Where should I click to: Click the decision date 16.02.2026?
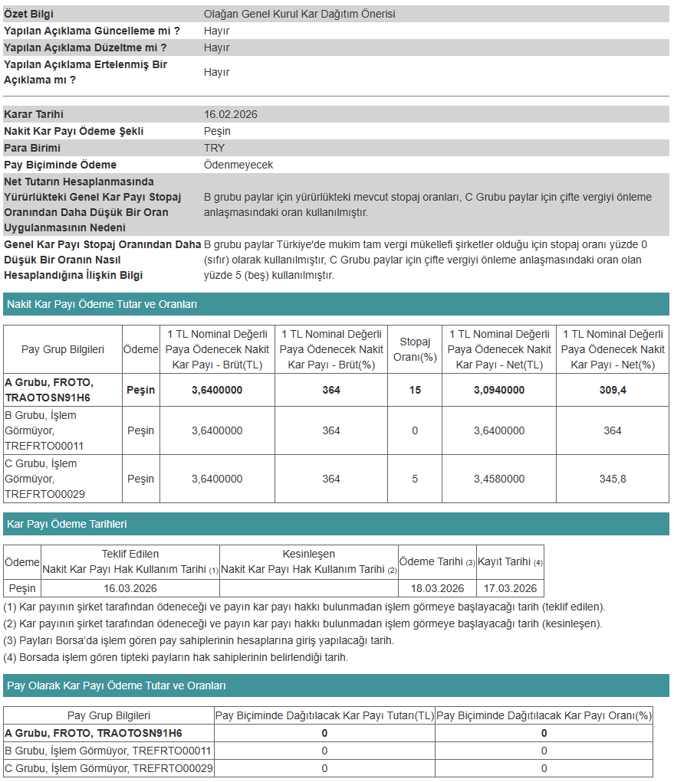tap(230, 114)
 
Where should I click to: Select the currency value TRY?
tap(215, 148)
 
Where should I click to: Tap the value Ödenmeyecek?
tap(238, 165)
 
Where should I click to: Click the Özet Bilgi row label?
tap(29, 14)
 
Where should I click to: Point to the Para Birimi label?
tap(32, 148)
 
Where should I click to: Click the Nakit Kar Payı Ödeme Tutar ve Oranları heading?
tap(102, 304)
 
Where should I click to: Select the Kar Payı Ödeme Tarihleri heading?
tap(67, 524)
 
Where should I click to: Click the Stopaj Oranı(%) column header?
tap(415, 349)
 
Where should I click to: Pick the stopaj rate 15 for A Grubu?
tap(415, 390)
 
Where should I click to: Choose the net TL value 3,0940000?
tap(499, 390)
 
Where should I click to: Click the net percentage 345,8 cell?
tap(613, 479)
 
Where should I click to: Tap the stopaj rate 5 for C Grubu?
tap(415, 479)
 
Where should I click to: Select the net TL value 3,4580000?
tap(499, 479)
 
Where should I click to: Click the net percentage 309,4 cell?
tap(613, 390)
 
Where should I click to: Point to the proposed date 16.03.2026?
tap(130, 588)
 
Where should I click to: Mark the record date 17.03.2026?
tap(510, 588)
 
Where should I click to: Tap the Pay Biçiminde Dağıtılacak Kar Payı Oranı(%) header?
tap(544, 715)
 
